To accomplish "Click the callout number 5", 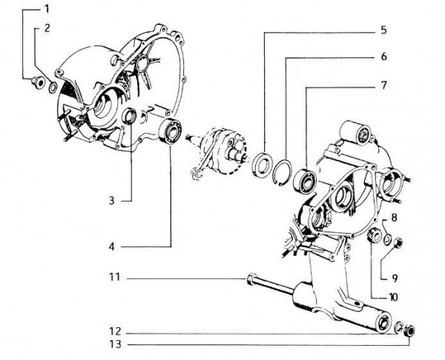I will (x=384, y=32).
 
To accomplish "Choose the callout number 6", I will (x=384, y=57).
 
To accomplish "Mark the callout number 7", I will (x=384, y=85).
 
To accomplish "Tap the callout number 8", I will (x=395, y=218).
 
